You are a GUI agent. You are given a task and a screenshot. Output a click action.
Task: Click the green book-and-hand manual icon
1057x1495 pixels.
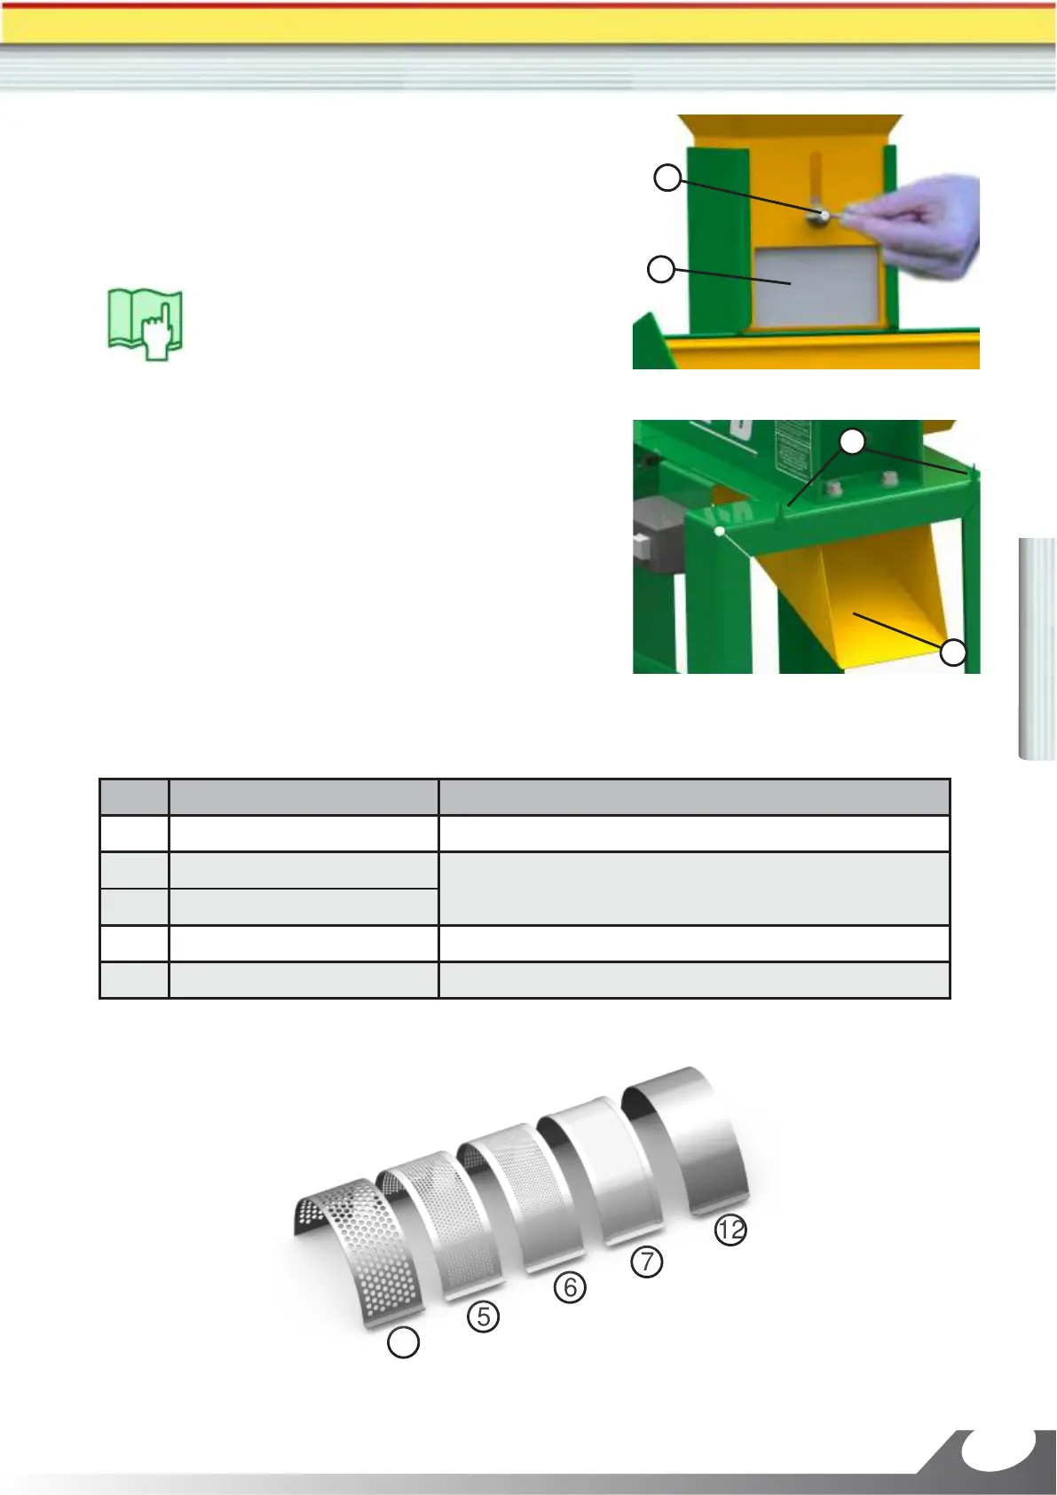tap(146, 325)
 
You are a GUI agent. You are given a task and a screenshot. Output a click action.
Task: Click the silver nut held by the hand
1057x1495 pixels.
tap(824, 215)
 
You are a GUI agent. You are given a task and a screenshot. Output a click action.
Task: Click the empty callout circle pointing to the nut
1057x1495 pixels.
tap(667, 178)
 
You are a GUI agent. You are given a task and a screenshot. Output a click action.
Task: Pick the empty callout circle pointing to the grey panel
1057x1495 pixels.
tap(660, 270)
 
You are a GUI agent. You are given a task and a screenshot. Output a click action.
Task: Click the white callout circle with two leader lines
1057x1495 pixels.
tap(853, 442)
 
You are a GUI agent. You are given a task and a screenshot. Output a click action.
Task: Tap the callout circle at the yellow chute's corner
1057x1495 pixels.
tap(953, 652)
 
